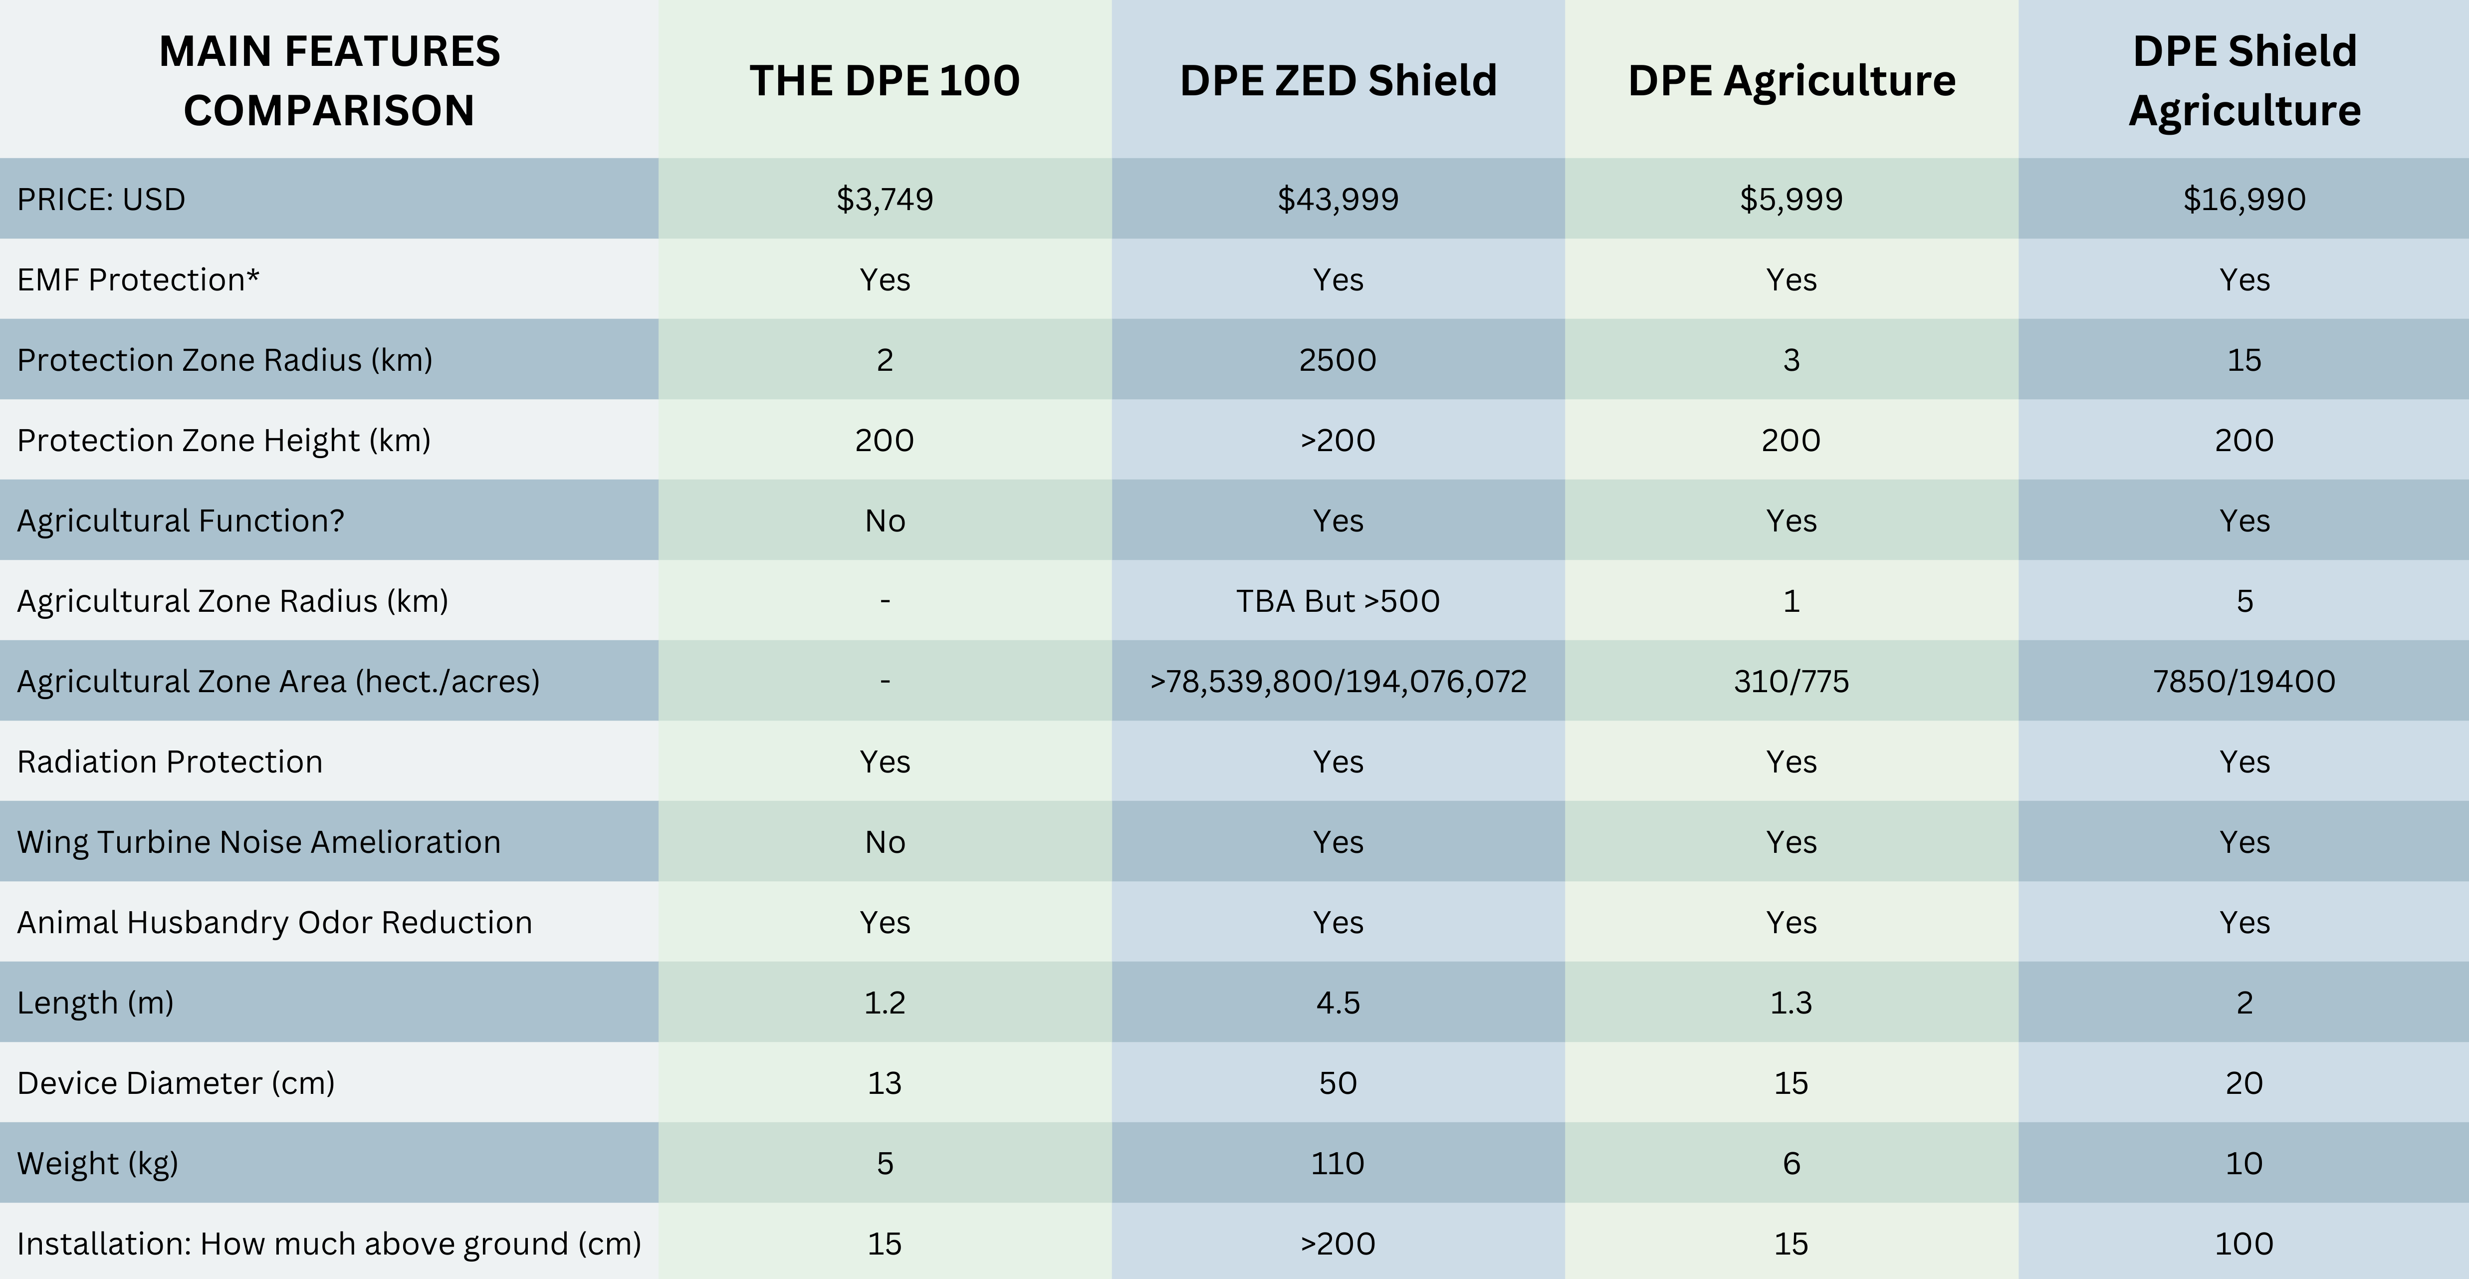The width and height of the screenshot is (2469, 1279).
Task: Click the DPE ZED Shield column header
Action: click(x=1338, y=80)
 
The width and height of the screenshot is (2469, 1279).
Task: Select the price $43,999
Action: click(x=1338, y=200)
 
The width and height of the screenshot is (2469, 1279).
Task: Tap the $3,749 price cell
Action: click(x=885, y=200)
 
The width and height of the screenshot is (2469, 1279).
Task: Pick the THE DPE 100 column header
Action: click(x=885, y=80)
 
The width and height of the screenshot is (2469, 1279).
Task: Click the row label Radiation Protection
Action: click(x=170, y=762)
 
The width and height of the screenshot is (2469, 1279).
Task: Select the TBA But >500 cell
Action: click(x=1338, y=601)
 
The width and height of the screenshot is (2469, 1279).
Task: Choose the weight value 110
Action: click(x=1338, y=1163)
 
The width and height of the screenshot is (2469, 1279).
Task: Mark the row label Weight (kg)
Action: click(x=98, y=1163)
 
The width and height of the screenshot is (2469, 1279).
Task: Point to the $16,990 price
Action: click(x=2244, y=200)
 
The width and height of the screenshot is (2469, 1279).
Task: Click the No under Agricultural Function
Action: click(x=885, y=520)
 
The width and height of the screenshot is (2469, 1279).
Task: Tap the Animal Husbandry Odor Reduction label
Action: click(x=274, y=922)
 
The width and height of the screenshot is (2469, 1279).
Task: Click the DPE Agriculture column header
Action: click(x=1792, y=80)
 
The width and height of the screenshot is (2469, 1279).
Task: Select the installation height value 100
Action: click(x=2244, y=1244)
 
